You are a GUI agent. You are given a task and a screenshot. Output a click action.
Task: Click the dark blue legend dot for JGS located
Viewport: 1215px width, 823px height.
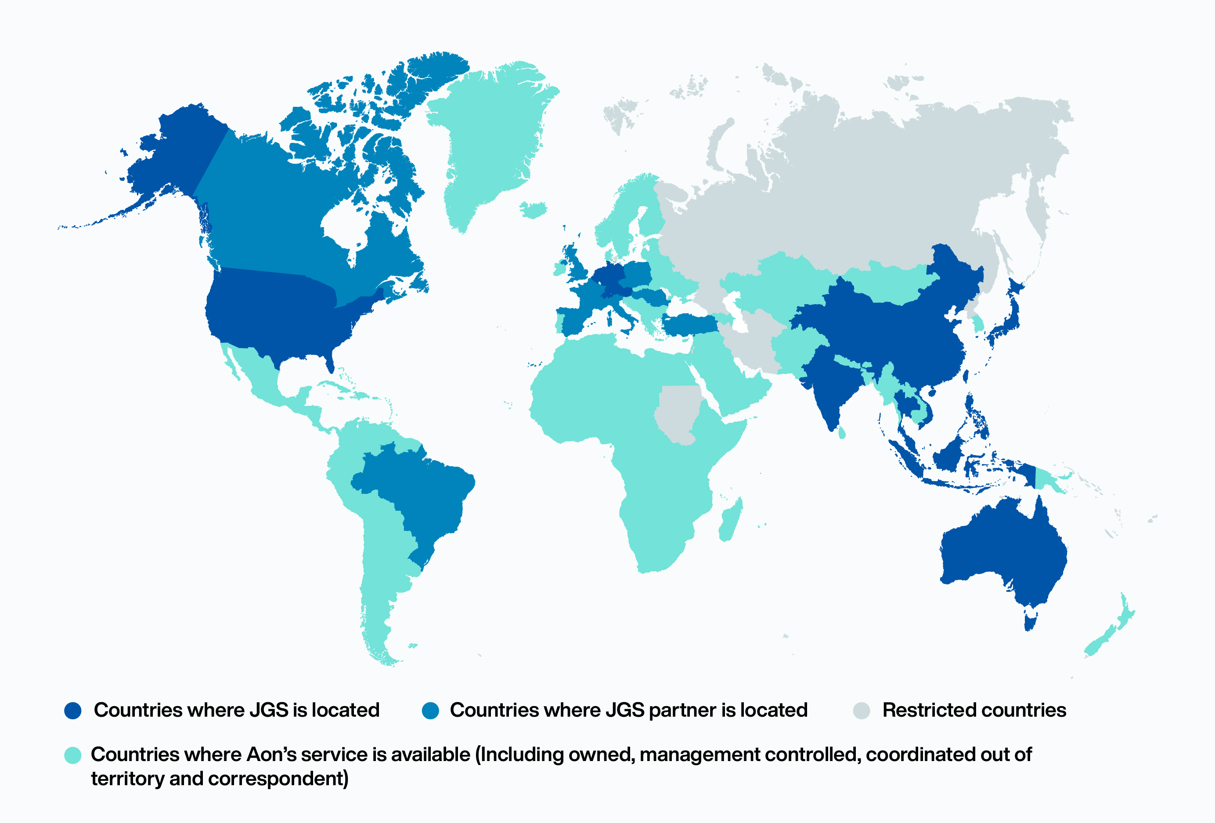72,711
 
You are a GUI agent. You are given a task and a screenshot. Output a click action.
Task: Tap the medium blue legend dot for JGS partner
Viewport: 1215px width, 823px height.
430,711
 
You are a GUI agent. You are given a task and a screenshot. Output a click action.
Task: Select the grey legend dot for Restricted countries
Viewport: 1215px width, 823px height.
862,711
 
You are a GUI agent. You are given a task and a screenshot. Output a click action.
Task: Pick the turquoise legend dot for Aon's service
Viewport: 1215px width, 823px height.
72,755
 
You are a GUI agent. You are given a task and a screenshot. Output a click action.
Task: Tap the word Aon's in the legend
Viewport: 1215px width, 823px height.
271,755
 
